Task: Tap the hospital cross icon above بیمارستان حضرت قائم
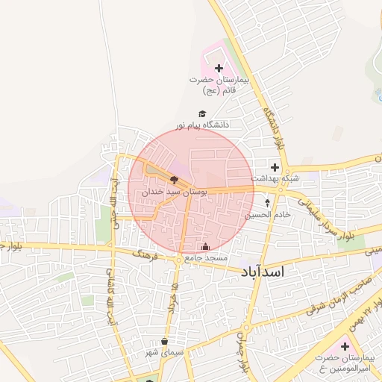coord(219,69)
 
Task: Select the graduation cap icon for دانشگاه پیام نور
coord(201,114)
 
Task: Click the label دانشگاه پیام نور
coord(202,125)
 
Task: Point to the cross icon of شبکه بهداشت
coord(275,167)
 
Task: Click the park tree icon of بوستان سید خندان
coord(174,180)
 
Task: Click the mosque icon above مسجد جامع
coord(206,246)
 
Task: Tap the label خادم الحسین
coord(266,214)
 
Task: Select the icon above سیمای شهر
coord(164,342)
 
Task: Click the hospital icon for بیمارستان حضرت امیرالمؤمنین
coord(345,347)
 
